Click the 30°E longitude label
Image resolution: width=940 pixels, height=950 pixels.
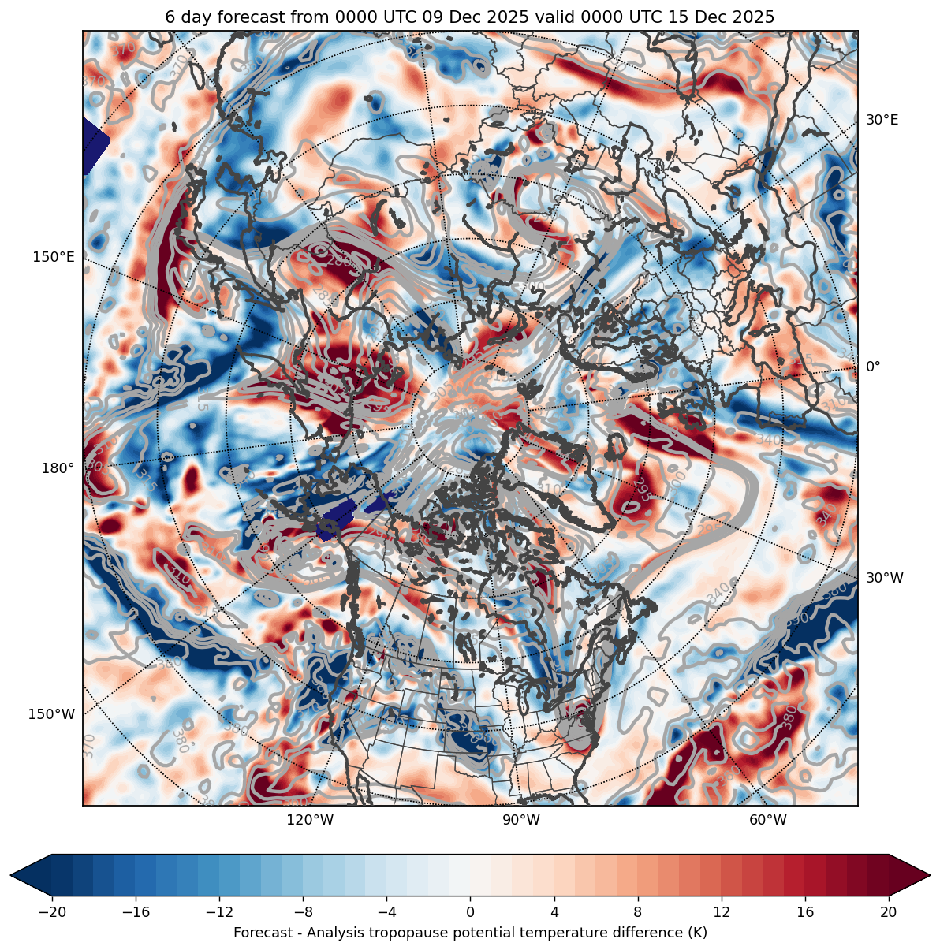tap(882, 120)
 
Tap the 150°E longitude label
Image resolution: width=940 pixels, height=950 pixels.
tap(54, 257)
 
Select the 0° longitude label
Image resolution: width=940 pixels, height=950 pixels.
tap(873, 367)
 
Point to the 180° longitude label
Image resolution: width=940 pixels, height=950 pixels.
tap(58, 468)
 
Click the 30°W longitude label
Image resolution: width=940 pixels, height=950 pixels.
tap(885, 578)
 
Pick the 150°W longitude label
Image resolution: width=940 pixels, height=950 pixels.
tap(52, 714)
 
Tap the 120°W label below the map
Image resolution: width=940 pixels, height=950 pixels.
tap(310, 820)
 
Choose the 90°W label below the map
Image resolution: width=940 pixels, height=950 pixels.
tap(521, 820)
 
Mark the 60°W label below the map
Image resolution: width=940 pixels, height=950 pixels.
tap(768, 820)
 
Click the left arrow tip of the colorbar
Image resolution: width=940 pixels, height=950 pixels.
tap(12, 875)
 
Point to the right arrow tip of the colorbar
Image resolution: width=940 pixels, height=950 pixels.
tap(929, 875)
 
